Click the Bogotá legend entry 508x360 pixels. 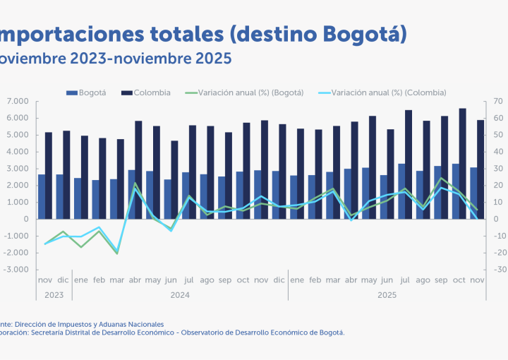pyautogui.click(x=92, y=92)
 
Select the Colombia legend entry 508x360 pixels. pyautogui.click(x=152, y=92)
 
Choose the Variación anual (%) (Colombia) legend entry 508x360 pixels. pyautogui.click(x=388, y=92)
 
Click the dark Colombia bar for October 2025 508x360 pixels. pyautogui.click(x=463, y=164)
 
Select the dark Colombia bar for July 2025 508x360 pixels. pyautogui.click(x=409, y=164)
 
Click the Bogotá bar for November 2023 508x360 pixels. pyautogui.click(x=42, y=196)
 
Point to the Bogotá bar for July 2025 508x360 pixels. pyautogui.click(x=401, y=191)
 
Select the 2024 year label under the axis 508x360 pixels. pyautogui.click(x=179, y=294)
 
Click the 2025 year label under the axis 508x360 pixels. pyautogui.click(x=387, y=294)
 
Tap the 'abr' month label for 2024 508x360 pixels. pyautogui.click(x=134, y=280)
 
